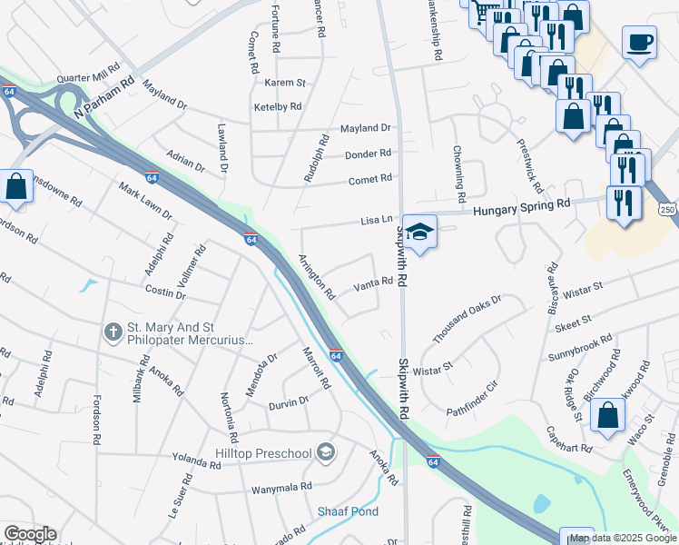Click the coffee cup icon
(x=640, y=42)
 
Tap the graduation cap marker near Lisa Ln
(x=419, y=232)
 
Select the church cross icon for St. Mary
(x=113, y=332)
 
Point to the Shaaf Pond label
(x=348, y=511)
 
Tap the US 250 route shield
(x=667, y=210)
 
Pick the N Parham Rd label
(x=104, y=94)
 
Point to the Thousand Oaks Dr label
(x=467, y=319)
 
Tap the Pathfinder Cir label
(x=473, y=399)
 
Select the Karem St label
(x=284, y=83)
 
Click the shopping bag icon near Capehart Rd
(x=606, y=415)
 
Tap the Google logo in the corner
(x=29, y=534)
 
